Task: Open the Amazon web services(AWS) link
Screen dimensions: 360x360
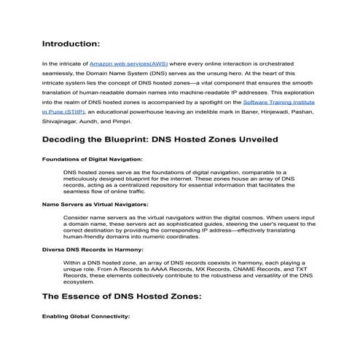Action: (128, 64)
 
